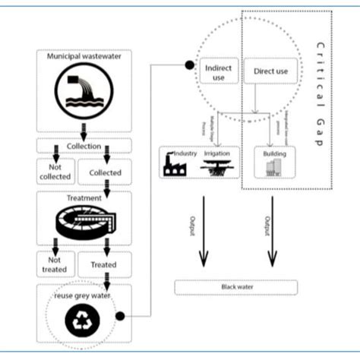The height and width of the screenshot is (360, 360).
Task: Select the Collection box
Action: tap(83, 144)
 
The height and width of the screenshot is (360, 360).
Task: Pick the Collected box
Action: tap(105, 172)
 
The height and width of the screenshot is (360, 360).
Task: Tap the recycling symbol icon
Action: tap(81, 320)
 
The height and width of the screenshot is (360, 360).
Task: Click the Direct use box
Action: tap(271, 71)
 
